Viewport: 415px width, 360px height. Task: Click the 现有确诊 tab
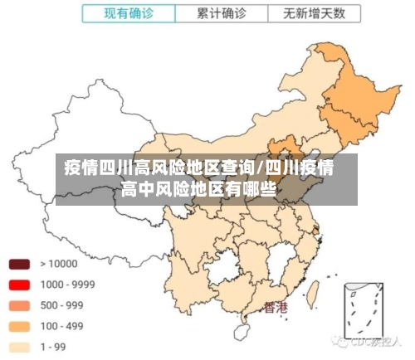(129, 13)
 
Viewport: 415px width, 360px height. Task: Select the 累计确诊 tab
(222, 13)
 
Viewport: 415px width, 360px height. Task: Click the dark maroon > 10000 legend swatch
(19, 264)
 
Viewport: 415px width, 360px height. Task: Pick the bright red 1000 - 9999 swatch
(19, 285)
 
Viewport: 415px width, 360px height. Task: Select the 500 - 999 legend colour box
(19, 305)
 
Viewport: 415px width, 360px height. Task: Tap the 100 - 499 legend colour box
(19, 326)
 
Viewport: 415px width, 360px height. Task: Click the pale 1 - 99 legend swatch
(19, 347)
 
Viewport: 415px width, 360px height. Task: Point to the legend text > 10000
(58, 264)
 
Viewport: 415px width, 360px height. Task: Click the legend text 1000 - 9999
(67, 285)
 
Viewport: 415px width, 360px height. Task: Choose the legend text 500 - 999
(61, 305)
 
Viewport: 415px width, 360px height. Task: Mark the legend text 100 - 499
(61, 326)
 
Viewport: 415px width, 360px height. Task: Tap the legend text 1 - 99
(56, 347)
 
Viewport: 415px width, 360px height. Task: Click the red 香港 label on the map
(276, 309)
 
